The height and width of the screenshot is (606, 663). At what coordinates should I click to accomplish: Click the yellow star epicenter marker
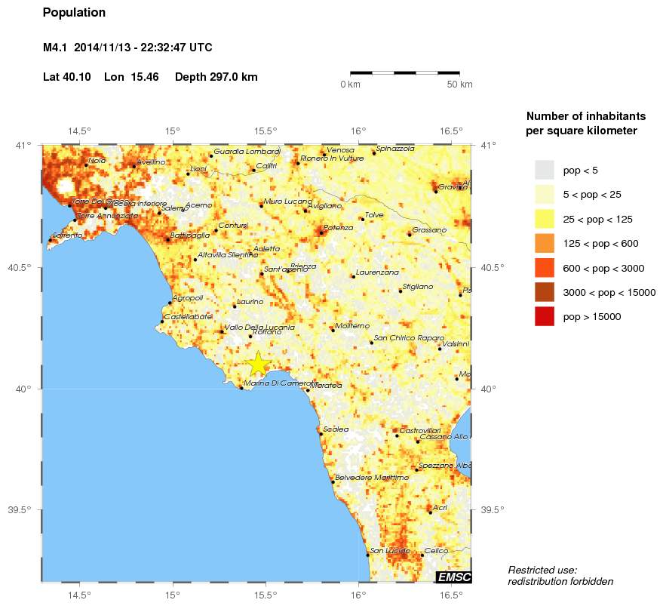[x=258, y=364]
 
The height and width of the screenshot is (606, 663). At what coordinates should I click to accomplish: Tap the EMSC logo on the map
[x=453, y=577]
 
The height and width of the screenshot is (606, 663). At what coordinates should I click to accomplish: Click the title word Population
[x=74, y=13]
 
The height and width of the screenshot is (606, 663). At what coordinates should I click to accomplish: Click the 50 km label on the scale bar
[x=459, y=85]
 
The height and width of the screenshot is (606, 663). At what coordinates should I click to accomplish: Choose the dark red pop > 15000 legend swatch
[x=544, y=317]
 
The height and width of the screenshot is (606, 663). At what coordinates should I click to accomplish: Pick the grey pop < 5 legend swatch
[x=544, y=170]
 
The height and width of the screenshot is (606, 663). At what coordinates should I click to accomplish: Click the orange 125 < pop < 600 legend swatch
[x=544, y=243]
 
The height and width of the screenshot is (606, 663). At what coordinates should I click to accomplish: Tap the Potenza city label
[x=338, y=228]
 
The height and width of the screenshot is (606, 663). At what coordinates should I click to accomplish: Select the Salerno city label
[x=175, y=208]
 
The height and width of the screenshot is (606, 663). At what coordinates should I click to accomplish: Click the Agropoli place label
[x=188, y=298]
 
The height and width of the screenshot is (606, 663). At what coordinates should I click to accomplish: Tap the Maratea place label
[x=327, y=386]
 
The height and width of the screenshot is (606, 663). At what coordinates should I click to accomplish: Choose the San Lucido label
[x=389, y=550]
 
